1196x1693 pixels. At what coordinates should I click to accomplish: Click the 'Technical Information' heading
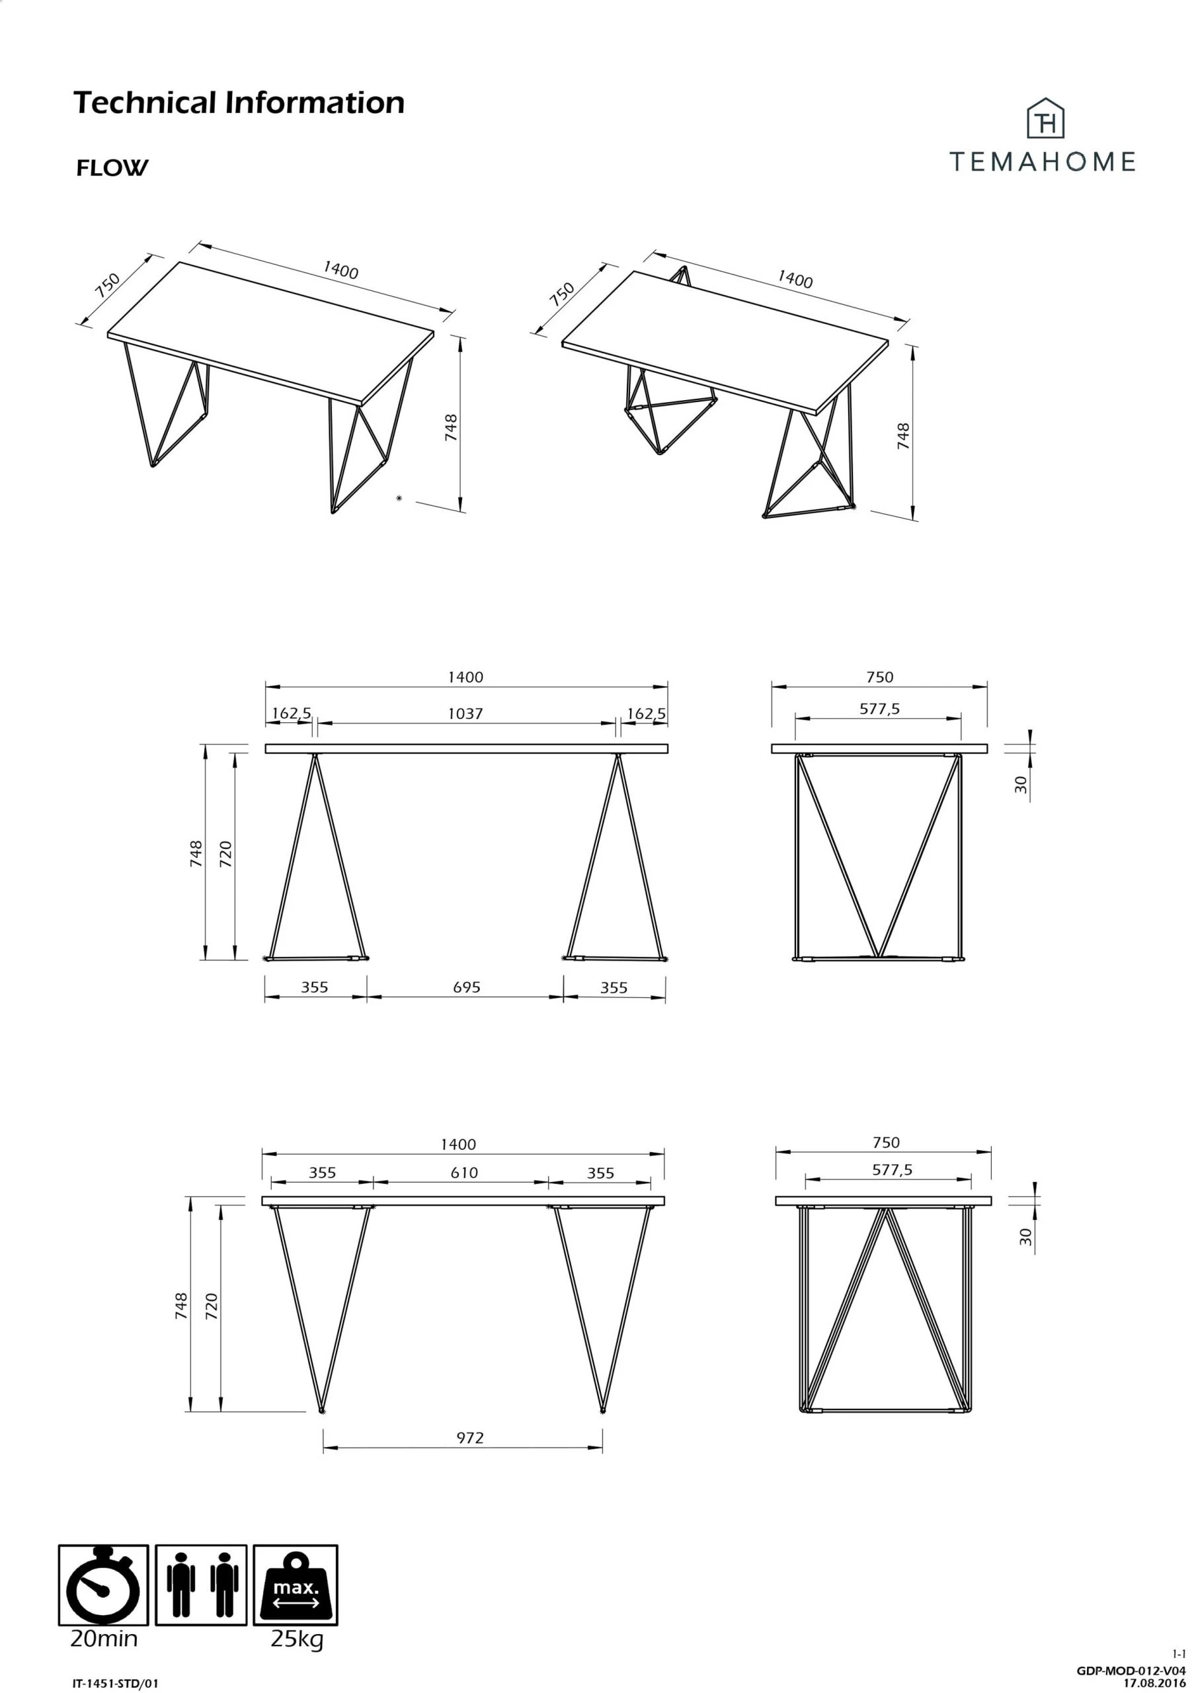pos(239,103)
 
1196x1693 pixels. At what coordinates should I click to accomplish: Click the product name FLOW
pos(112,168)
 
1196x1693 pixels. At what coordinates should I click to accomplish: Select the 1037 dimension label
pos(465,713)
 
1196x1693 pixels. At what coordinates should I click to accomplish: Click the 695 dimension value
pos(466,987)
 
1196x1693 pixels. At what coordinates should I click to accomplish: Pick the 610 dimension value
pos(464,1173)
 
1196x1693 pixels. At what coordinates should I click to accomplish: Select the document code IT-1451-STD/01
pos(116,1684)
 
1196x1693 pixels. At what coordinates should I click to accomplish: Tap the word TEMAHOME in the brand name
pos(1042,161)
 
